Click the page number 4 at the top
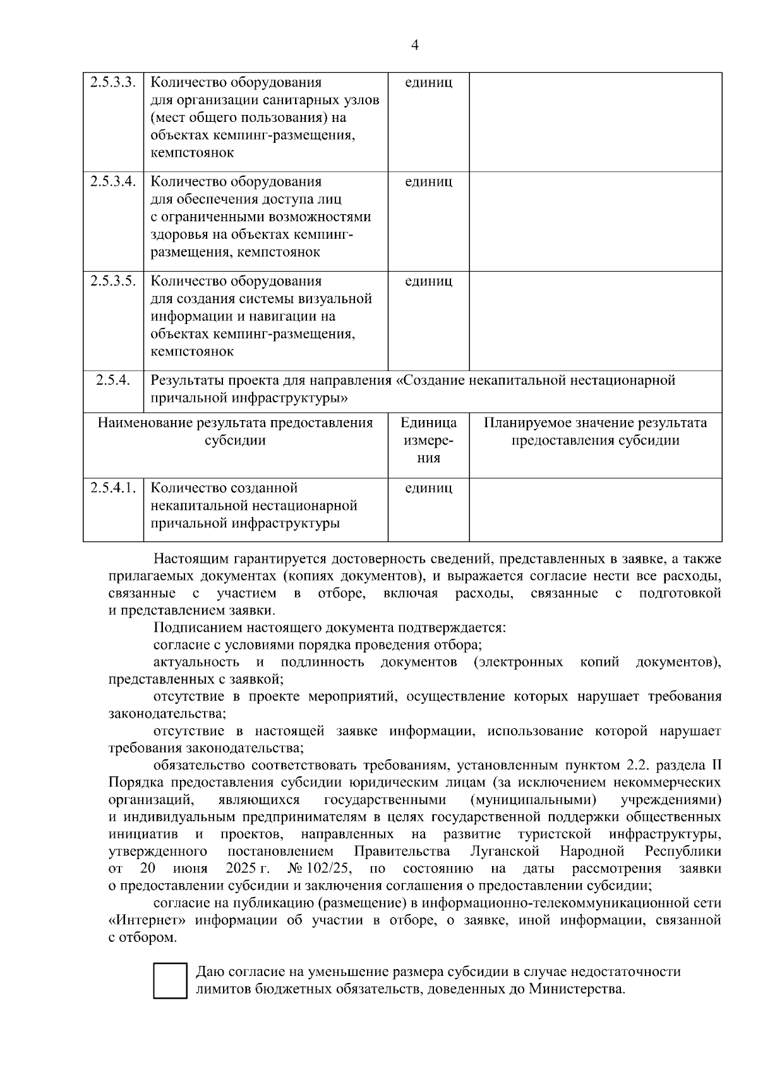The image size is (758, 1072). [415, 45]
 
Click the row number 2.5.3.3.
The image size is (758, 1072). [113, 83]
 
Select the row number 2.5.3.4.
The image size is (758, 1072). [113, 182]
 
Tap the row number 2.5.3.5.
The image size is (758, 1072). [113, 281]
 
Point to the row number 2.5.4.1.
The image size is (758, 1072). [113, 488]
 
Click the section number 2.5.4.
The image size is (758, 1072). [113, 380]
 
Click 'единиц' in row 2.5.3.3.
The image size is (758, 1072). [428, 83]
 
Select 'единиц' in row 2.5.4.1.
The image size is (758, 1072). [428, 488]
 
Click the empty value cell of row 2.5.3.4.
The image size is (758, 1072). [595, 221]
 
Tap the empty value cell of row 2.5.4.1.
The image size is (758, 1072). [595, 509]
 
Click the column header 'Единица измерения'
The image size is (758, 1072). [428, 440]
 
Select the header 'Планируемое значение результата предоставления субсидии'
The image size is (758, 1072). [595, 431]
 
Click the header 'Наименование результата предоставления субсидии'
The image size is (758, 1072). [235, 431]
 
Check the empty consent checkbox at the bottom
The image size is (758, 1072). [170, 980]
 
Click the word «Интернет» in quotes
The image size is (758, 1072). [146, 920]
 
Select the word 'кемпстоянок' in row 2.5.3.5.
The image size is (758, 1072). [192, 352]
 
